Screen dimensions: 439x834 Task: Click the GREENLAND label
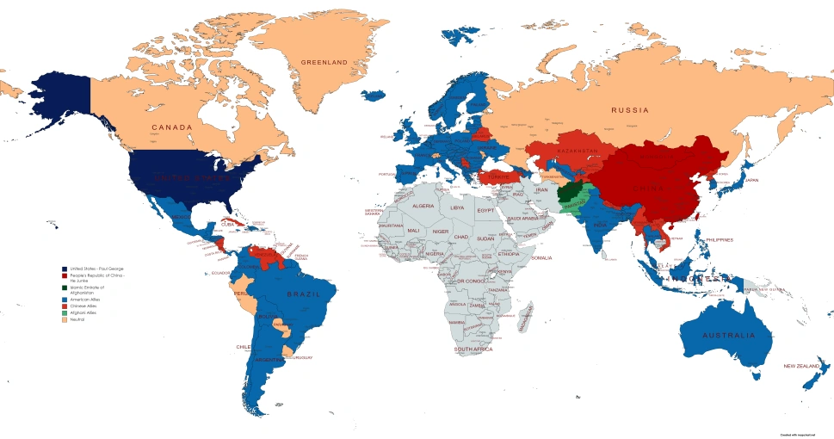(324, 62)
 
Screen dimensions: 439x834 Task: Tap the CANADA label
(171, 127)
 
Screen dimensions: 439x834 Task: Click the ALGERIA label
(423, 207)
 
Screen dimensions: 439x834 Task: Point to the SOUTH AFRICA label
(473, 349)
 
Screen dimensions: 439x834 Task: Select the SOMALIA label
(541, 257)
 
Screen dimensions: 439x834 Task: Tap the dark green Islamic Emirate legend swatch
(64, 288)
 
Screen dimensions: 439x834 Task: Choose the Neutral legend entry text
(79, 319)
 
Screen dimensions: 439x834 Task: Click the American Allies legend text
(86, 299)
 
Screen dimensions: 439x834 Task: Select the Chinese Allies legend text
(84, 306)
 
